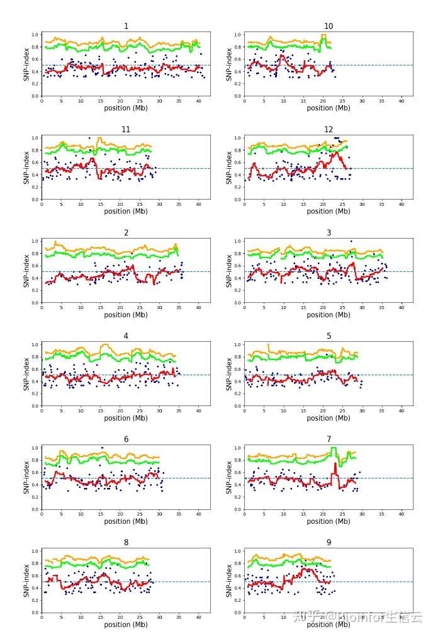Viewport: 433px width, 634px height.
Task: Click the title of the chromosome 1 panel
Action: point(126,26)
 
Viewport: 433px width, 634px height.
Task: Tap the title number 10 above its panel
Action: point(329,26)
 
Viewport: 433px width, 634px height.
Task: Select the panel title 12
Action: point(329,130)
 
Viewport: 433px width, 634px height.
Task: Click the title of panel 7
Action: point(329,439)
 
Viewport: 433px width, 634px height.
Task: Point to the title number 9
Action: point(329,543)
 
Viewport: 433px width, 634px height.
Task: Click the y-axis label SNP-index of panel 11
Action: point(26,167)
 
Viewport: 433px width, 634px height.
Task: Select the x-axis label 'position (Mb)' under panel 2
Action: point(126,315)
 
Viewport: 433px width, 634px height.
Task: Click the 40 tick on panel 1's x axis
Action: point(198,101)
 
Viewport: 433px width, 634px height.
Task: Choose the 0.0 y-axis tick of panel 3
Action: point(238,303)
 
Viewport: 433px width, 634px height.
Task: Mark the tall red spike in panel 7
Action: point(335,465)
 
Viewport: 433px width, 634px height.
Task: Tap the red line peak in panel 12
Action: point(337,152)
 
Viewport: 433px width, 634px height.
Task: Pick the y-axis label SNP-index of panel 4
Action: point(26,374)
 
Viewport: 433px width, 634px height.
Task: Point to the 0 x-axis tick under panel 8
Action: point(42,617)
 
